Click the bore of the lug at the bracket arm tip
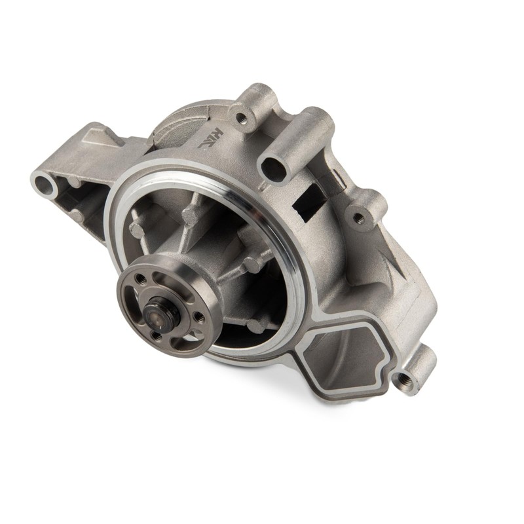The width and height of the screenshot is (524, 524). pyautogui.click(x=43, y=181)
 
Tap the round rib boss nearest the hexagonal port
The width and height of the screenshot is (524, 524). pyautogui.click(x=257, y=324)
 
